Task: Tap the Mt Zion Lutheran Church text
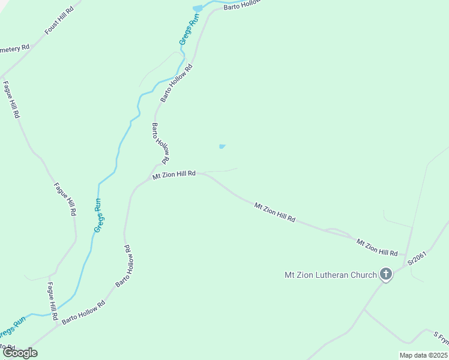click(x=331, y=275)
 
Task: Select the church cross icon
click(x=386, y=275)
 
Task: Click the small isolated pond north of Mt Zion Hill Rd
click(x=222, y=146)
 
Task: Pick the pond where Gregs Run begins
click(x=197, y=8)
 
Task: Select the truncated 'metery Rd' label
click(x=14, y=48)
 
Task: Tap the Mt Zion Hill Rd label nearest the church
click(x=378, y=247)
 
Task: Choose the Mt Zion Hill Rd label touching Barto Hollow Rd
click(x=174, y=174)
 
